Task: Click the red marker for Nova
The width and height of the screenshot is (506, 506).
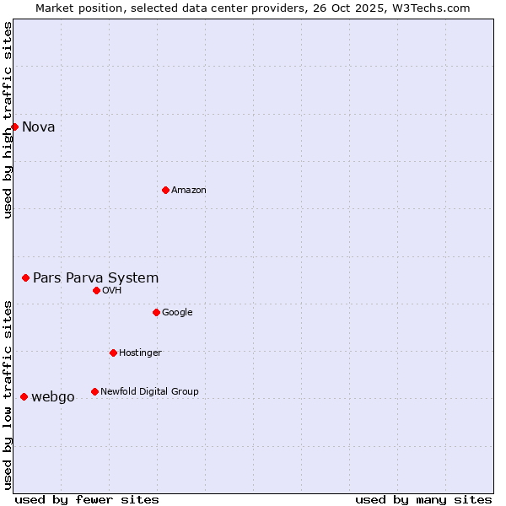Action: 14,126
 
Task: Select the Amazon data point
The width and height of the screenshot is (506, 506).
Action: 165,190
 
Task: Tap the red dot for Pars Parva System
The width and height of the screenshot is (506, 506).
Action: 25,277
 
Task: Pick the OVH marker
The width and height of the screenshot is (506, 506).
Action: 96,290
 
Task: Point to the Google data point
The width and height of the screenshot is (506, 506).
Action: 156,312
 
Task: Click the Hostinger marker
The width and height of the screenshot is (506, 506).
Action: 113,353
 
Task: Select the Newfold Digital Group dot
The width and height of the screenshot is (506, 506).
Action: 94,391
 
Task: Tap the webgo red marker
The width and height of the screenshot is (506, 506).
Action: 24,396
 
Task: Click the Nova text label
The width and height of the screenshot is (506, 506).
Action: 39,127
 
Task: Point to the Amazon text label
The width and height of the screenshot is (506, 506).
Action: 189,191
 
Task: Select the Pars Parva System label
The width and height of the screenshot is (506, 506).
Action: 95,277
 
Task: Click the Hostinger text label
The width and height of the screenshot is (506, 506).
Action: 140,353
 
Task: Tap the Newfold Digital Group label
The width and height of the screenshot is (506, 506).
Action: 149,391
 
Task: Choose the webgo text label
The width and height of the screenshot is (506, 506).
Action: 52,397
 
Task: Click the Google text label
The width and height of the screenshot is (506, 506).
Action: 177,312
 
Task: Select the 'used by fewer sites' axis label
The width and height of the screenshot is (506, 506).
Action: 87,499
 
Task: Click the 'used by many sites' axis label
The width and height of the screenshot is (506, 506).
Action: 423,499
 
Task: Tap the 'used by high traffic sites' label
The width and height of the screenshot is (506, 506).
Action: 8,120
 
